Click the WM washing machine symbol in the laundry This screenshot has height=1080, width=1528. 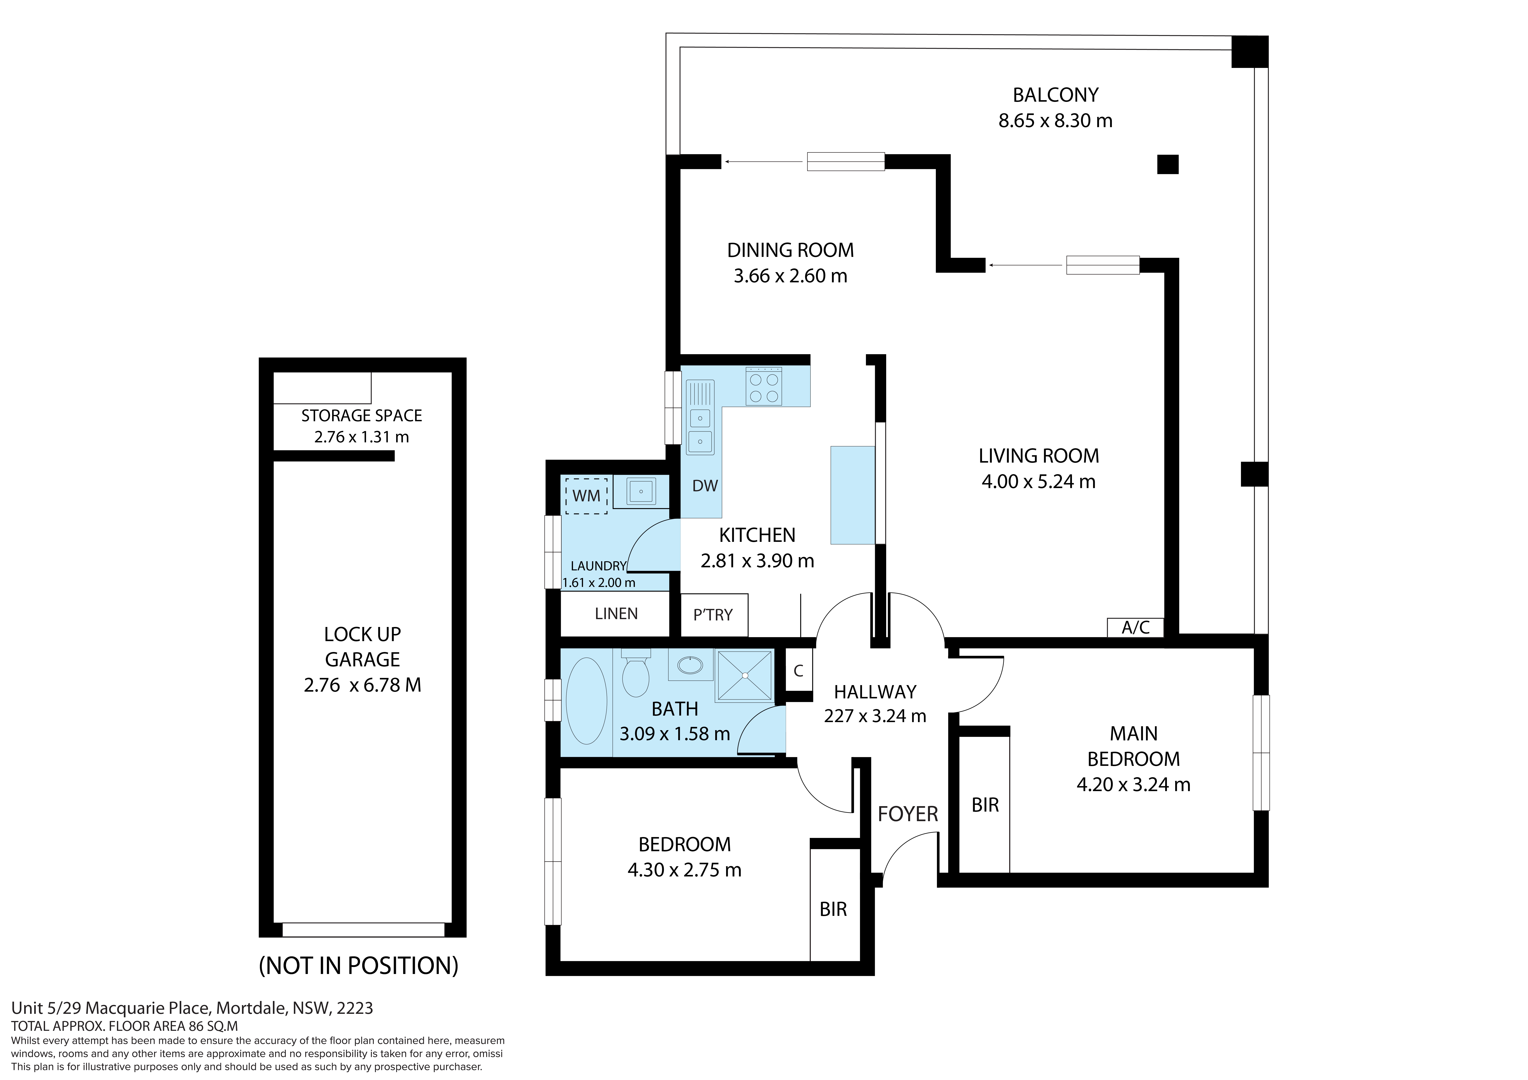[586, 496]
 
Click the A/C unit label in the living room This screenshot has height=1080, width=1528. [1135, 627]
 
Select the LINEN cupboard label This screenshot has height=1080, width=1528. [616, 613]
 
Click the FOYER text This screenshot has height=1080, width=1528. [908, 814]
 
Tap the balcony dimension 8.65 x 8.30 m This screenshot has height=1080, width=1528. [1055, 120]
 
